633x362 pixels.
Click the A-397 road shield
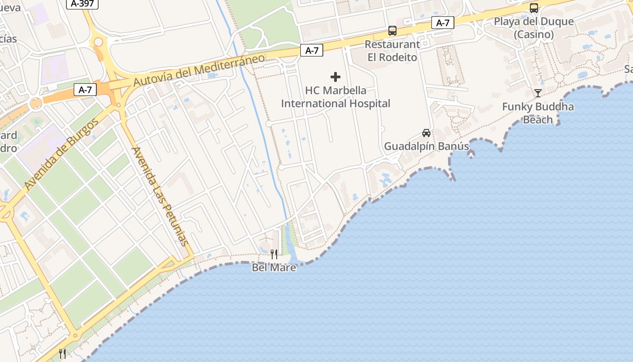[x=82, y=4]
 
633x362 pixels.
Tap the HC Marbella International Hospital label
[x=335, y=97]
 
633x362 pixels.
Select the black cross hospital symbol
[x=335, y=77]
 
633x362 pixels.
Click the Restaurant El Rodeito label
[x=392, y=51]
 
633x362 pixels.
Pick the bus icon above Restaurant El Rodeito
[x=392, y=31]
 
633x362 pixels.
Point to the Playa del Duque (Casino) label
[x=534, y=28]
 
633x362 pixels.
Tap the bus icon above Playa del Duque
[x=534, y=8]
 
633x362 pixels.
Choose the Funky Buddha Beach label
[x=538, y=113]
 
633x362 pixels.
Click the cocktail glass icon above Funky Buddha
[x=538, y=93]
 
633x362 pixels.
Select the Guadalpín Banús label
[x=426, y=147]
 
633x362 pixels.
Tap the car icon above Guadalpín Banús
[x=426, y=133]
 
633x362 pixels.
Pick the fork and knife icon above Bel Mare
[x=274, y=254]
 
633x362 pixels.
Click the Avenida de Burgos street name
[x=61, y=155]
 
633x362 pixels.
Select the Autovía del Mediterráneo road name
[x=199, y=71]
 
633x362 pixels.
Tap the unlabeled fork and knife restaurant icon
[x=62, y=354]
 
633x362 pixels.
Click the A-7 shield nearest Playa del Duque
[x=443, y=23]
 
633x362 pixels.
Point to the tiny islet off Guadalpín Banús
[x=471, y=155]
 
